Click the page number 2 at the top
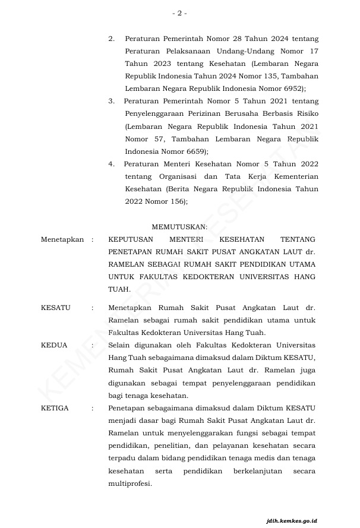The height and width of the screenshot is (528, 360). point(179,12)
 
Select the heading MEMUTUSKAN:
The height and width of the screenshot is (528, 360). point(179,227)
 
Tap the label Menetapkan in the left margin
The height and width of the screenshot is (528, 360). point(62,239)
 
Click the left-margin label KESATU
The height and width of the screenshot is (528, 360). point(55,308)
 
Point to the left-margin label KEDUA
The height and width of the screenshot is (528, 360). point(54,345)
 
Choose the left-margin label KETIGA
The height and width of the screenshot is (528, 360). point(55,408)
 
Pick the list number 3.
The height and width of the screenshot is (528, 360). point(111,102)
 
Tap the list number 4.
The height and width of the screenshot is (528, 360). point(111,164)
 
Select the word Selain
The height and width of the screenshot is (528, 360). point(120,345)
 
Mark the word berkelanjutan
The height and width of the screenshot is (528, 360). point(258,471)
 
